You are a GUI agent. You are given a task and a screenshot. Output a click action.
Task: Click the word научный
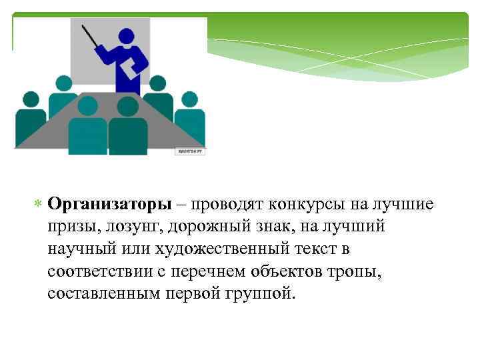coord(77,249)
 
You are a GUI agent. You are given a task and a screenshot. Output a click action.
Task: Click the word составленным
coord(102,295)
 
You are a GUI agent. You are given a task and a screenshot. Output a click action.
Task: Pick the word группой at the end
coord(263,295)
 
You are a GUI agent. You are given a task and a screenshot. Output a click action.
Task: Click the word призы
coord(70,227)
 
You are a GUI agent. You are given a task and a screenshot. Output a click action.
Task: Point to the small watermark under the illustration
coord(191,151)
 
